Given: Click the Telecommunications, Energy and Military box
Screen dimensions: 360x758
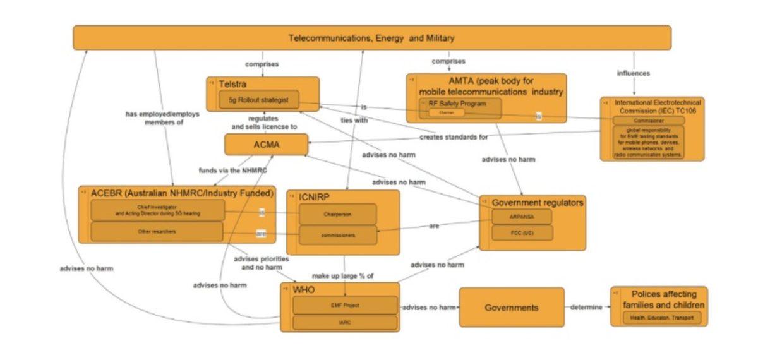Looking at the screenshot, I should [x=371, y=38].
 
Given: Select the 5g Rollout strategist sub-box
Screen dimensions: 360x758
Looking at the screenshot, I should [x=258, y=100].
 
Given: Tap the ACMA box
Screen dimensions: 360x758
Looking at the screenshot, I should [x=266, y=145].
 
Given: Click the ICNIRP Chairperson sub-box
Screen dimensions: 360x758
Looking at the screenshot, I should [x=337, y=214].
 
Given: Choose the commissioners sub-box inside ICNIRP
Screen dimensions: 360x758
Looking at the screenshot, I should [x=337, y=235].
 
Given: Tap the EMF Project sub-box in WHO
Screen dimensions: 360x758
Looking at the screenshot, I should [x=345, y=306].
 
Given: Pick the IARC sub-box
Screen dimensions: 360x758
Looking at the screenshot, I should [x=345, y=323].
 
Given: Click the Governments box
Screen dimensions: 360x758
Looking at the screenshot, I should [x=511, y=308].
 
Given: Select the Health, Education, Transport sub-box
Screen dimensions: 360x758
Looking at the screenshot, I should [x=659, y=318].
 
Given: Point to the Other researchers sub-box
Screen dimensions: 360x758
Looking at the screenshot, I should [x=157, y=231].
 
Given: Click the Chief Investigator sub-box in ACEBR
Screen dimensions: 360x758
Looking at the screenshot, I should [x=157, y=210].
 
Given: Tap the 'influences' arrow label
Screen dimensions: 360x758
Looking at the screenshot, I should [x=633, y=73].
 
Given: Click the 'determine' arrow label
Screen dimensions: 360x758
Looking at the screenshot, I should [x=586, y=308].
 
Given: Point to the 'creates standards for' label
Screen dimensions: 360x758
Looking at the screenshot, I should [x=454, y=137].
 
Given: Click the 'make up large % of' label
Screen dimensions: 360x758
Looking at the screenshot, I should [x=343, y=276].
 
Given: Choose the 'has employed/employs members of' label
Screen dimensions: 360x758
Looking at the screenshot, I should [x=154, y=118].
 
